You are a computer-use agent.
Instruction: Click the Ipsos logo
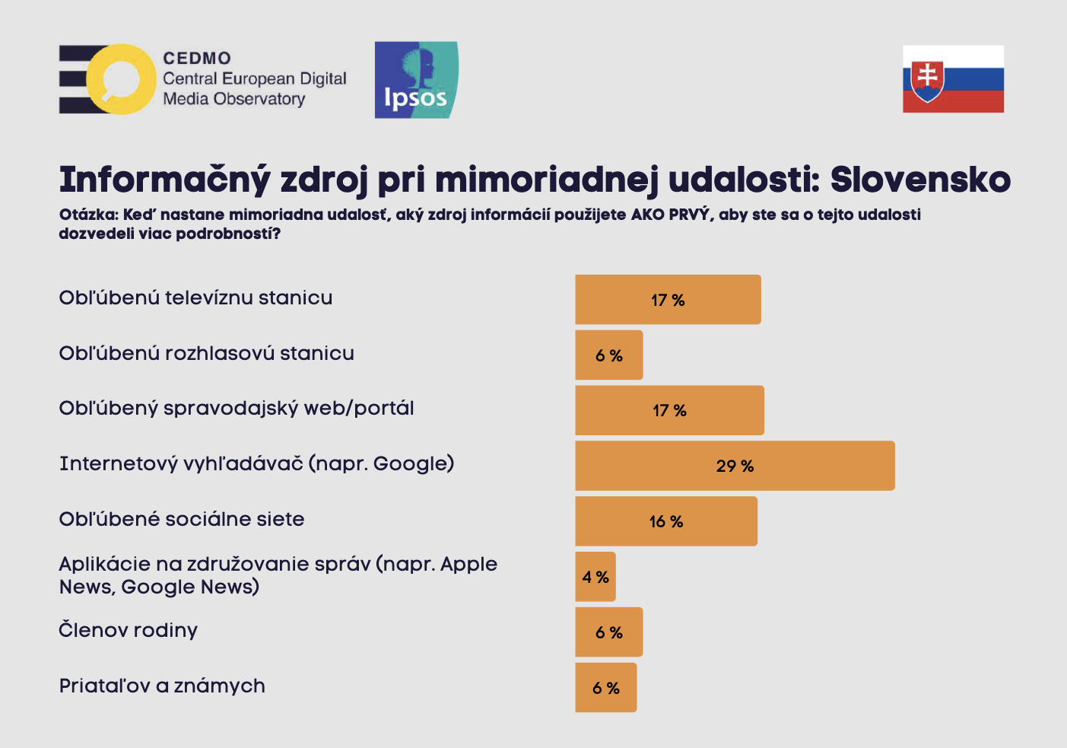click(x=416, y=80)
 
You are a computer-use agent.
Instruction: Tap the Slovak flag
click(x=953, y=79)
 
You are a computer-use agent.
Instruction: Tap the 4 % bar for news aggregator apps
click(x=595, y=577)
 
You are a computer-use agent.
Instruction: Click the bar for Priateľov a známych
click(x=606, y=688)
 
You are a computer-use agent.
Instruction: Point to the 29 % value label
click(x=735, y=466)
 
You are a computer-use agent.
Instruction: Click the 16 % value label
click(x=666, y=521)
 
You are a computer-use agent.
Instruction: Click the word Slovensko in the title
click(x=920, y=180)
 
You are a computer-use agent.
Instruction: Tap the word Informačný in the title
click(x=164, y=180)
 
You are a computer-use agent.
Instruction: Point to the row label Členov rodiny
click(x=129, y=630)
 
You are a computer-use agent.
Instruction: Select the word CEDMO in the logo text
click(x=197, y=59)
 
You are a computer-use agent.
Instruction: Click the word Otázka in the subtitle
click(x=87, y=215)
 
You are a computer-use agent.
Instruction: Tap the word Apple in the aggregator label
click(x=468, y=564)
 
